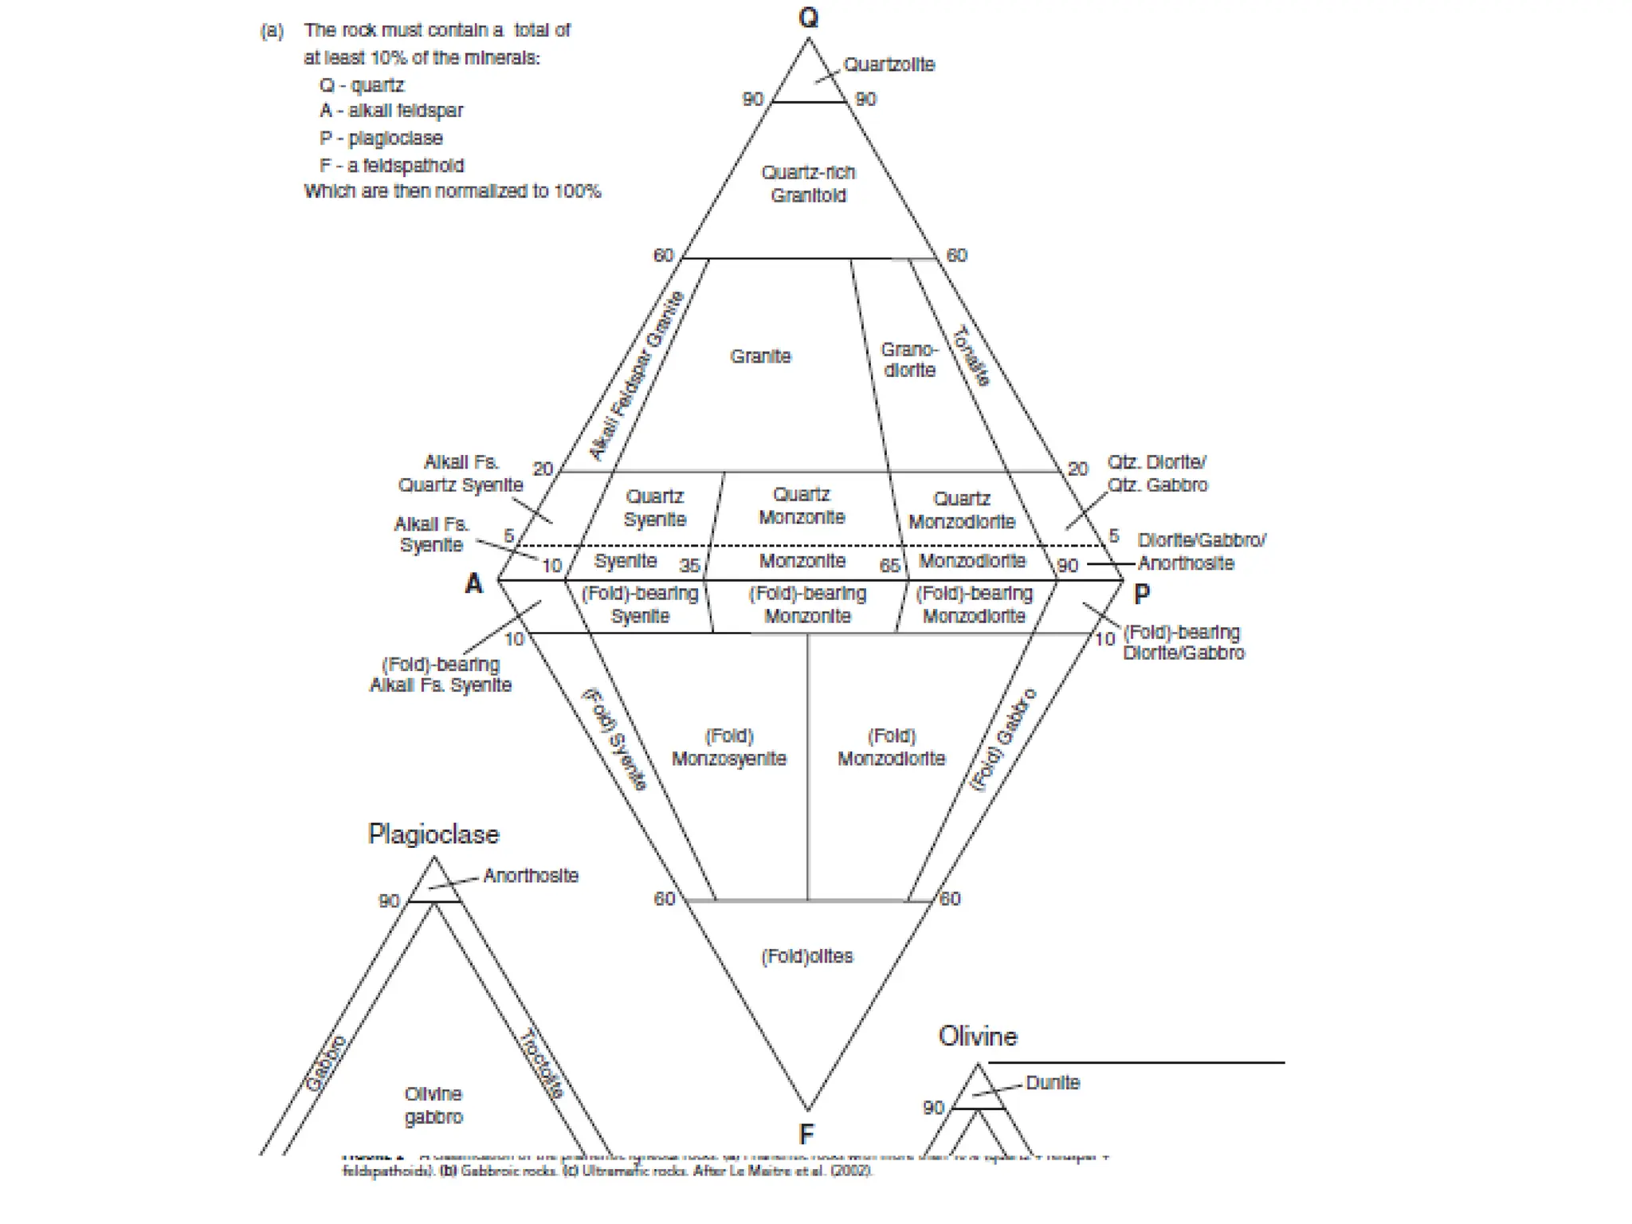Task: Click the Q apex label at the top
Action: click(x=808, y=18)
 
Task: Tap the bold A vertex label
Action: click(x=474, y=584)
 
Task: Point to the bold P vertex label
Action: click(x=1141, y=594)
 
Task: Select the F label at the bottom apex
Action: click(x=806, y=1133)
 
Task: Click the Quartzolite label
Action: click(x=889, y=65)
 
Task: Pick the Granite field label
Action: click(x=760, y=356)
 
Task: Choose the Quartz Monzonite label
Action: click(x=802, y=506)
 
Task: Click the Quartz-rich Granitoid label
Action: click(x=808, y=184)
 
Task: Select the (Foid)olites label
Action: click(x=806, y=956)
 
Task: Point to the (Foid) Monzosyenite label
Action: click(x=728, y=747)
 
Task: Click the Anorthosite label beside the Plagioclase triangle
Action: click(x=530, y=876)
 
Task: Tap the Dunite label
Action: click(x=1052, y=1083)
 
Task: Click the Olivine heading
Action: click(x=978, y=1036)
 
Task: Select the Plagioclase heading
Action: click(x=433, y=834)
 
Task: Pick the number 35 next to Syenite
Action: click(x=689, y=566)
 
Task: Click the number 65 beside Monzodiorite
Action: click(x=889, y=566)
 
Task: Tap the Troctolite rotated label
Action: click(x=542, y=1064)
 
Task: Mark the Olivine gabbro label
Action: click(x=433, y=1105)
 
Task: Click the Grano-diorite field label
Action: click(x=909, y=360)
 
